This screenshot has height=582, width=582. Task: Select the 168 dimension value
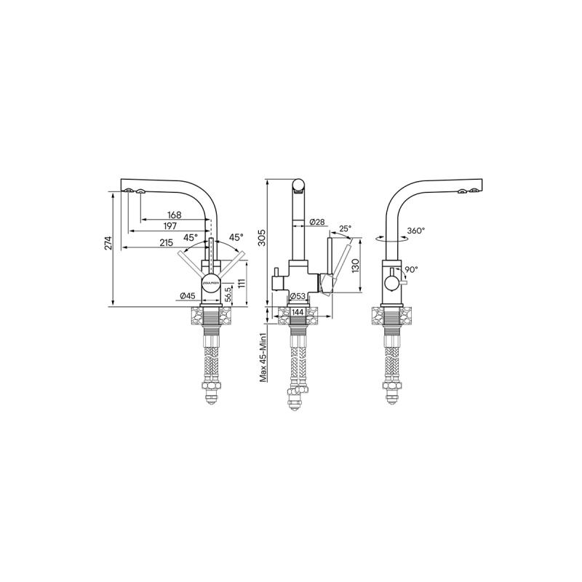pos(174,215)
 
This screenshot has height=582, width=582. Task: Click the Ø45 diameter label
pos(187,295)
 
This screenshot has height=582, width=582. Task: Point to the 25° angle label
pos(345,228)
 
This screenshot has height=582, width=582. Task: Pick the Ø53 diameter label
pos(297,295)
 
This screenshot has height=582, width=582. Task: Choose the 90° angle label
pos(411,269)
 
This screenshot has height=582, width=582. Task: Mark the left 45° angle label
pos(190,238)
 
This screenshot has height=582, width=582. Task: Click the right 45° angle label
pos(236,237)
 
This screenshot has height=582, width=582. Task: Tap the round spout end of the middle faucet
pos(299,185)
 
